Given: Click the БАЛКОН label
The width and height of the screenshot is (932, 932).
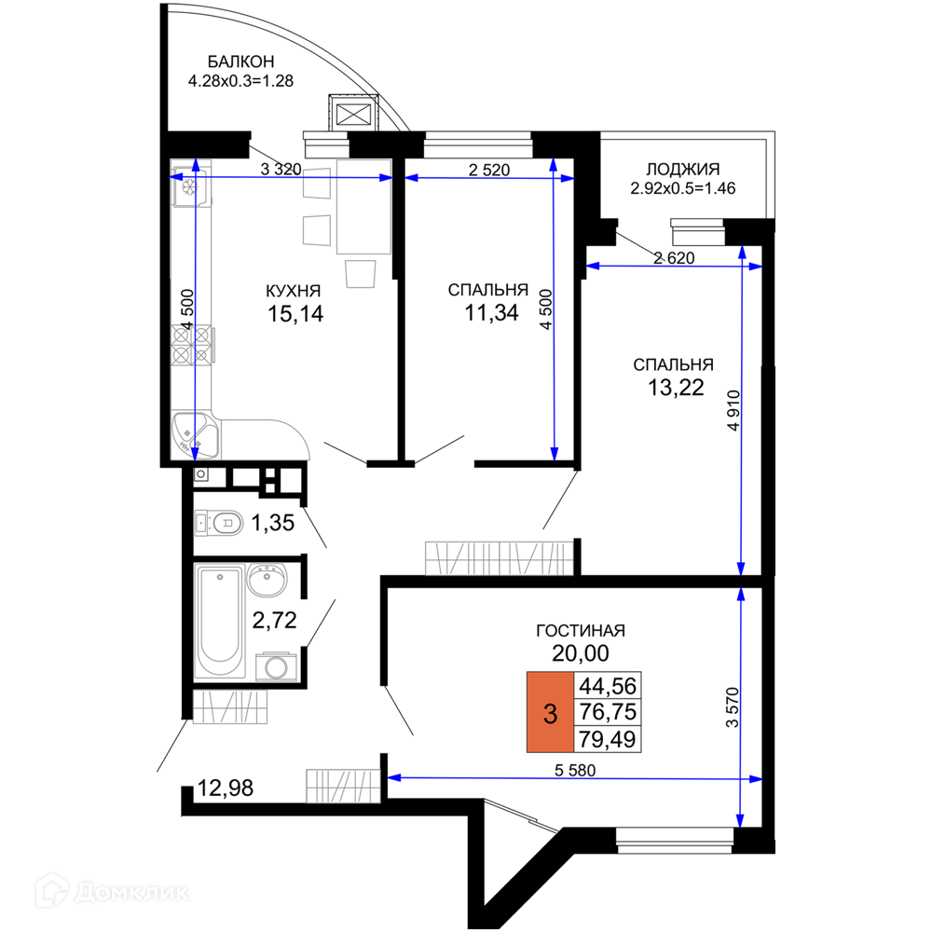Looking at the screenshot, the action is [240, 62].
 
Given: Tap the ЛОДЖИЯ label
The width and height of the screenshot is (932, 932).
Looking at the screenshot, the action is [683, 170].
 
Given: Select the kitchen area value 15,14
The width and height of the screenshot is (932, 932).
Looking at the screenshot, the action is [295, 314].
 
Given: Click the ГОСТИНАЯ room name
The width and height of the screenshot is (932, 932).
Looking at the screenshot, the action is [580, 631].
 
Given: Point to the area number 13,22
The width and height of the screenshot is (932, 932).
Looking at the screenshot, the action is [676, 388].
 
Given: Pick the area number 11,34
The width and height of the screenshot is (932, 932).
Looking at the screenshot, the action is [491, 312].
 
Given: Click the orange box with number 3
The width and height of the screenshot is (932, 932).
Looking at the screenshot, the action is [551, 712].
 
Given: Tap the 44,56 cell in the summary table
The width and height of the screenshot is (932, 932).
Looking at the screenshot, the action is [608, 686].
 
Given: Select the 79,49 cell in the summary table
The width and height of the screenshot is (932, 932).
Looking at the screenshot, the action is [608, 739].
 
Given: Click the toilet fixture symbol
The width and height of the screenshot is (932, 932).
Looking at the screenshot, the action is [219, 523].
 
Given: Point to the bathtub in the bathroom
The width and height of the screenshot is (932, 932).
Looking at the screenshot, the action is [219, 621].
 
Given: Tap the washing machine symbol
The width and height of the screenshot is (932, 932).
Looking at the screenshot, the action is [277, 666].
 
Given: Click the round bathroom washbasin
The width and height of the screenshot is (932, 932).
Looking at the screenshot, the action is [267, 580].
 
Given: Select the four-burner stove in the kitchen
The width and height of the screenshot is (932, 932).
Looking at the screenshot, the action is [191, 345].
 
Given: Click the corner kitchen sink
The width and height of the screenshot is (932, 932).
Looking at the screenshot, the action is [195, 434].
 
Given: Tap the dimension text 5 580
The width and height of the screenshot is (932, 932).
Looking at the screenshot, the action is [575, 771].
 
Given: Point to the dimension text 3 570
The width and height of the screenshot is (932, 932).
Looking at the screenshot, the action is [733, 707].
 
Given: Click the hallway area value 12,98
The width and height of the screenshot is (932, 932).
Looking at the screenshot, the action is [226, 788].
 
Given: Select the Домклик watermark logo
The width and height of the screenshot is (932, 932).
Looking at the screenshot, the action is [113, 892].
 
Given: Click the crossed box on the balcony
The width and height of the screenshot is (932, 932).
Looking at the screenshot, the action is [353, 114].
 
